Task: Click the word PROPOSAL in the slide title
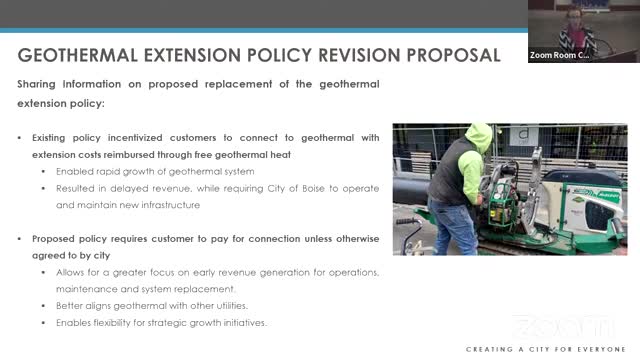pyautogui.click(x=444, y=54)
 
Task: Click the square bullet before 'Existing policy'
pyautogui.click(x=20, y=136)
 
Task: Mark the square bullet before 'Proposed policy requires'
pyautogui.click(x=20, y=239)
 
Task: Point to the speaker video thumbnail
pyautogui.click(x=583, y=30)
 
